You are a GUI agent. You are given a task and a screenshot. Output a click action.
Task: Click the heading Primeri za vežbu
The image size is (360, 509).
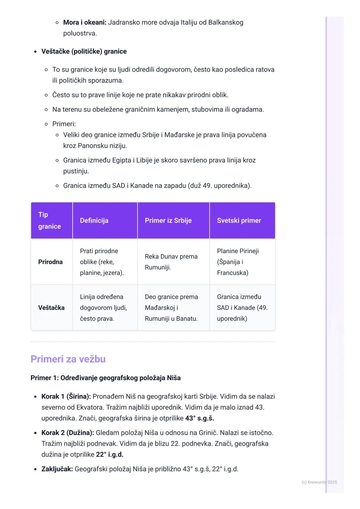click(68, 359)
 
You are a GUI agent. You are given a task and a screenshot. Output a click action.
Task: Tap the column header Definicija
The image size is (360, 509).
click(94, 221)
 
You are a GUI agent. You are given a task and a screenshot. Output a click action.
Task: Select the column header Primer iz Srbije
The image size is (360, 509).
click(168, 221)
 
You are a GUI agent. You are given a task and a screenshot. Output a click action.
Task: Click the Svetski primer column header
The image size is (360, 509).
click(239, 221)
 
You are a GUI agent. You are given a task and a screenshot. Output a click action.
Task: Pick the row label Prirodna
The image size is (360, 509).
click(50, 262)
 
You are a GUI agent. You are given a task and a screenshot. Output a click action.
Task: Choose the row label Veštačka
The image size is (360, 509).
click(51, 308)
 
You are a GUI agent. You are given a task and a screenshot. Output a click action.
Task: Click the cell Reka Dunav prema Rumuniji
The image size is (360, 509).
click(171, 262)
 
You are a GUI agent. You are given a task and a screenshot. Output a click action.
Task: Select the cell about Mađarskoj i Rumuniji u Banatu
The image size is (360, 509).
click(171, 308)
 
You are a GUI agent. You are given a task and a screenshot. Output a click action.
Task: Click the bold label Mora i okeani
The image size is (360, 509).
click(85, 23)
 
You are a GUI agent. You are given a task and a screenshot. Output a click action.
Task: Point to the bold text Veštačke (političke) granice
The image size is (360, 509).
click(84, 52)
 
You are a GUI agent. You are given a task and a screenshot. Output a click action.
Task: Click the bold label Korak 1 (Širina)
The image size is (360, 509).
click(66, 396)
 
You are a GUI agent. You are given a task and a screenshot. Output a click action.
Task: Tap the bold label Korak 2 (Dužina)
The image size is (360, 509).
click(68, 433)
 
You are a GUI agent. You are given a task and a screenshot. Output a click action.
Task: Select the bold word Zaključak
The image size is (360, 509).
click(57, 469)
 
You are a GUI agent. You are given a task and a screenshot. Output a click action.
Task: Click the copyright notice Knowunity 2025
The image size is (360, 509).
click(319, 482)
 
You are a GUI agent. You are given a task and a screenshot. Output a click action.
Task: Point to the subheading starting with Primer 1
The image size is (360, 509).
click(105, 378)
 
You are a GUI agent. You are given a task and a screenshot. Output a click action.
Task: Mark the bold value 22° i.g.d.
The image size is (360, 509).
click(110, 454)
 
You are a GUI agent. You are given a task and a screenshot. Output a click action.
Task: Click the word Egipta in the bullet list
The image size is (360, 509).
click(122, 160)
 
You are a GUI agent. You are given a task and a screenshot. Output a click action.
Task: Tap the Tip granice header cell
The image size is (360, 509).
click(50, 221)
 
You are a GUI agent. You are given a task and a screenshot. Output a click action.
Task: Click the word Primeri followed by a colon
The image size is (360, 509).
click(64, 124)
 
